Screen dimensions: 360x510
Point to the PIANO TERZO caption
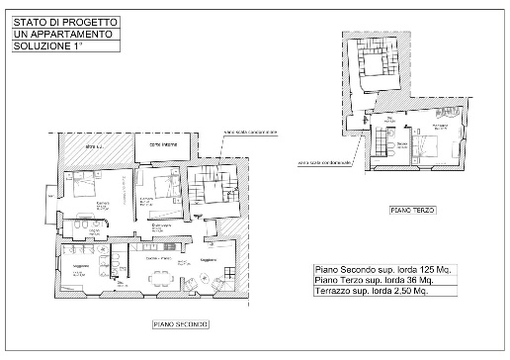click(x=412, y=210)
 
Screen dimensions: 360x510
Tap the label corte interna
click(x=163, y=147)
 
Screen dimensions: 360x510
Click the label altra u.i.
click(x=94, y=146)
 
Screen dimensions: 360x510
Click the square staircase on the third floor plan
click(x=377, y=64)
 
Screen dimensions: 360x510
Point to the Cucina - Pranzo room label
click(x=158, y=258)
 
